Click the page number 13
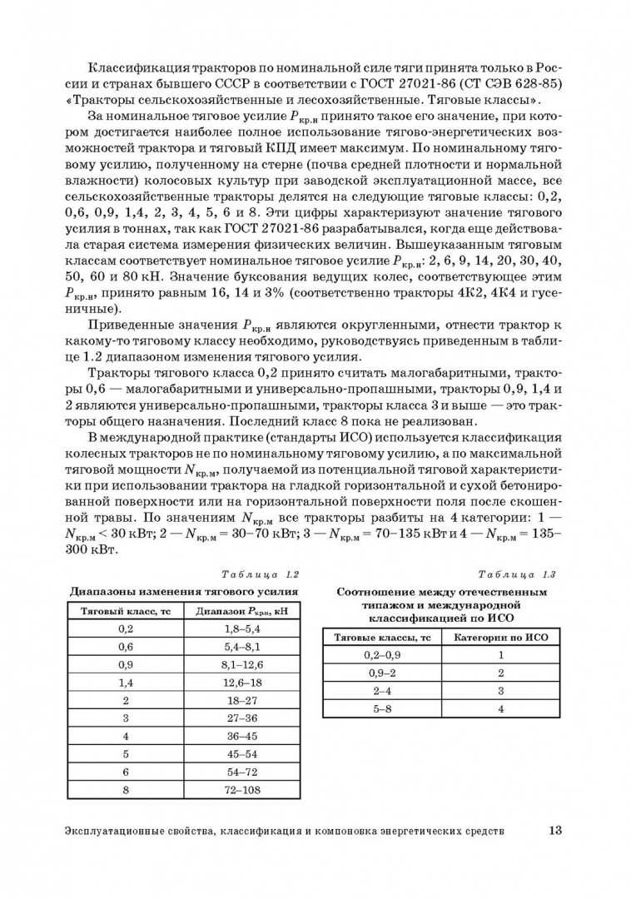tap(556, 830)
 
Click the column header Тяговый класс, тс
tap(125, 610)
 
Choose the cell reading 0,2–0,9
tap(382, 655)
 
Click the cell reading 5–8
tap(382, 709)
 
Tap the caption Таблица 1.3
tap(517, 574)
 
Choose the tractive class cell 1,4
tap(125, 682)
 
